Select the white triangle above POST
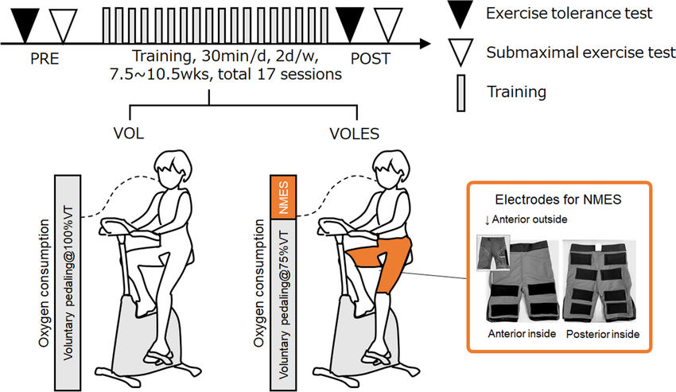pyautogui.click(x=388, y=21)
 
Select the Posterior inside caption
pyautogui.click(x=603, y=333)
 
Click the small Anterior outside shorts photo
pyautogui.click(x=492, y=254)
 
